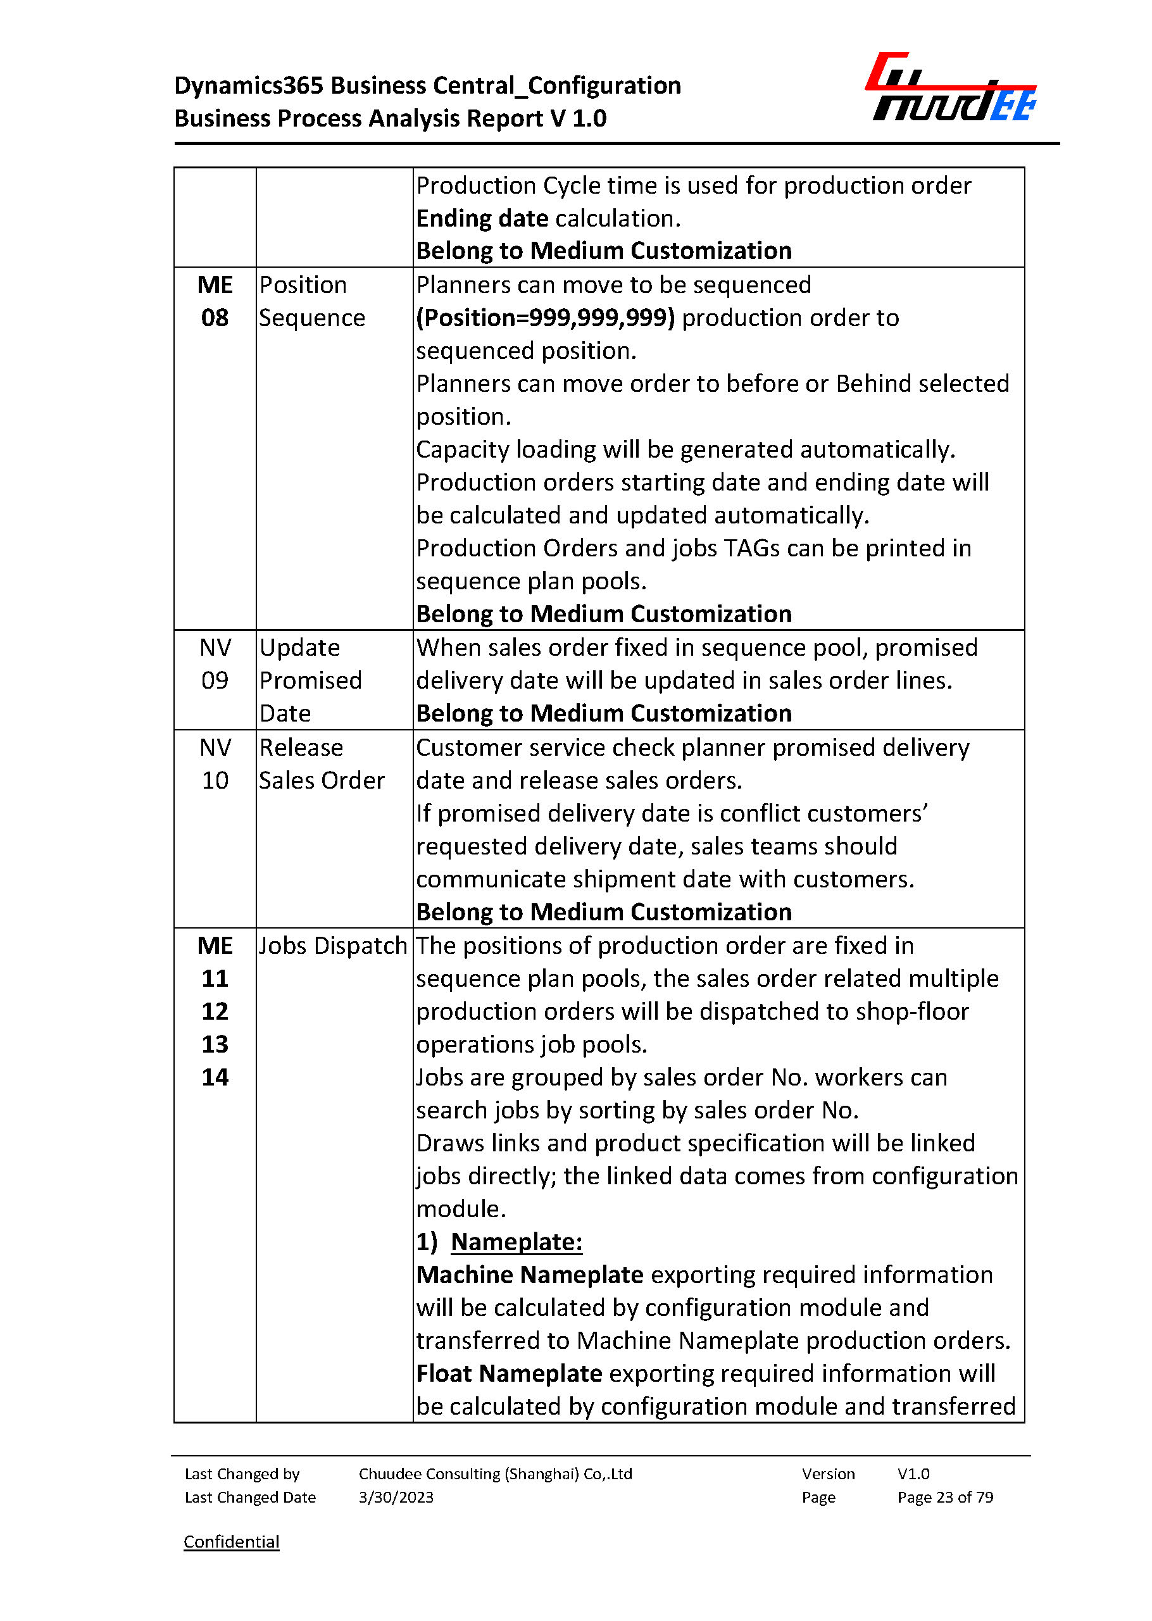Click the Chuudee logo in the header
(x=950, y=87)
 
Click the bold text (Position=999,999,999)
(x=545, y=318)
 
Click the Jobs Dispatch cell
(x=333, y=946)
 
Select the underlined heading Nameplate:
(x=517, y=1241)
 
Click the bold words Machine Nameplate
(x=529, y=1275)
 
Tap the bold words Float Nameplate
(x=509, y=1374)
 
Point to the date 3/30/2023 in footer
(x=396, y=1497)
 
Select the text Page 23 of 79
(x=945, y=1497)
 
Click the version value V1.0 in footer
(x=913, y=1474)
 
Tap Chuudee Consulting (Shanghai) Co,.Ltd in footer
(x=495, y=1474)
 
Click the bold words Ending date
(x=482, y=218)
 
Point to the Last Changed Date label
(x=249, y=1497)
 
